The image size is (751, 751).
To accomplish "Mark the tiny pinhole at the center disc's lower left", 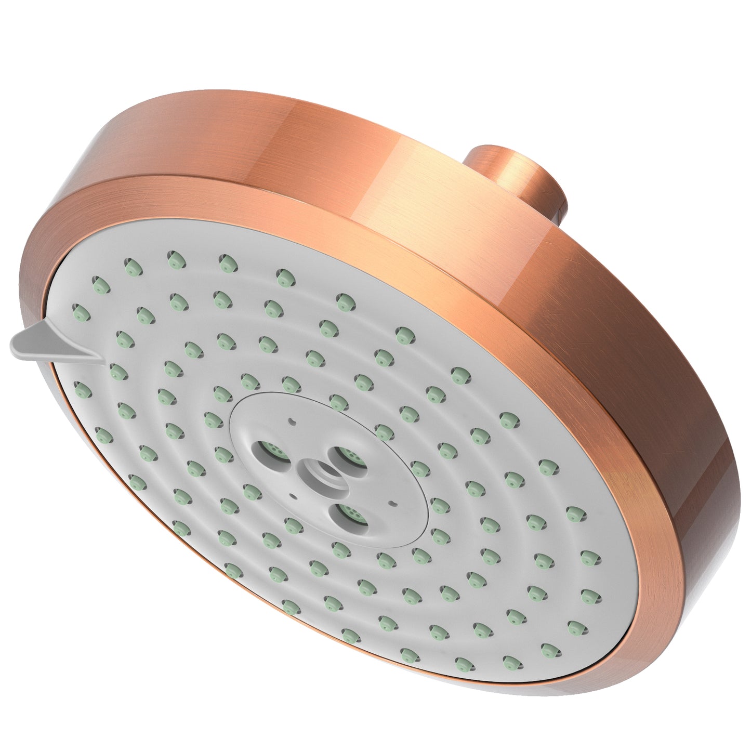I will (294, 496).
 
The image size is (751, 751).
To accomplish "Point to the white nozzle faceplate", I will (468, 520).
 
